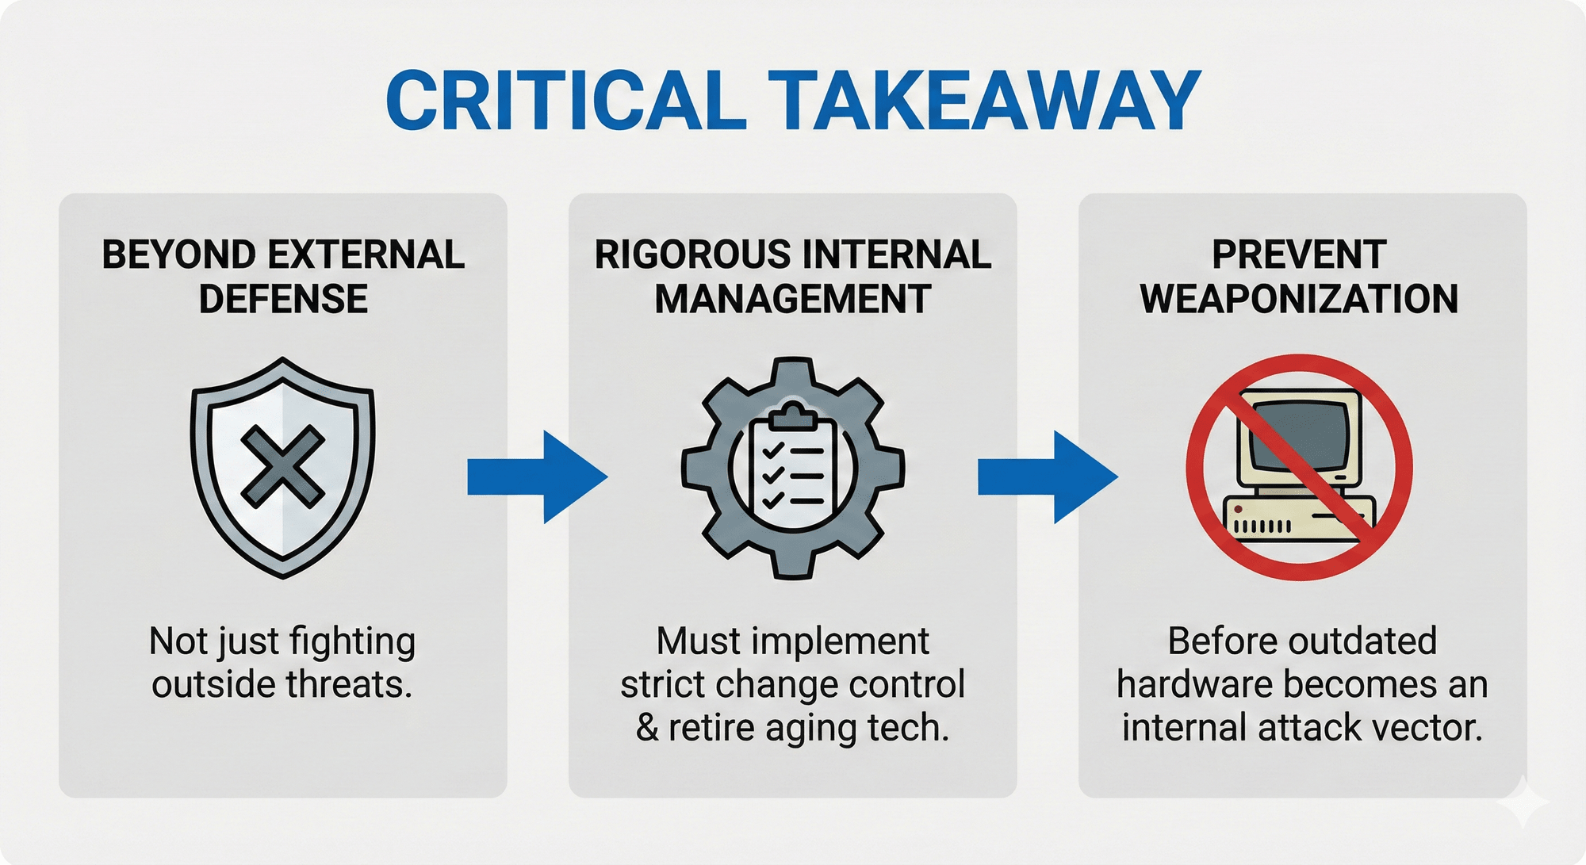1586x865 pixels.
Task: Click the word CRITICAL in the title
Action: pos(566,101)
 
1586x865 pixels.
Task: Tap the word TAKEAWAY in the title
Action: pos(984,101)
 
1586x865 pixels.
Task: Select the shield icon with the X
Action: pos(283,468)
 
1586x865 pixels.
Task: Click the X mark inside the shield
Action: pos(283,466)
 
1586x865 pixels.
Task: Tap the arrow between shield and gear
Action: pos(537,477)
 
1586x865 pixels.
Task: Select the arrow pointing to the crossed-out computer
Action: pos(1047,477)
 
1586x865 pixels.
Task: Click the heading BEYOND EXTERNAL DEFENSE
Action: pos(283,277)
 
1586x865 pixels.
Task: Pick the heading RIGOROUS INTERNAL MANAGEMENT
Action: pos(793,277)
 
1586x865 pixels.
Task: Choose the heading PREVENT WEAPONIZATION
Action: pos(1300,277)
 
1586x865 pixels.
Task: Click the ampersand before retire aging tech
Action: pos(647,728)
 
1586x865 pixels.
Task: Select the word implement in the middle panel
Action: pos(850,641)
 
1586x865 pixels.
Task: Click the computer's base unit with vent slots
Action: pos(1298,519)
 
